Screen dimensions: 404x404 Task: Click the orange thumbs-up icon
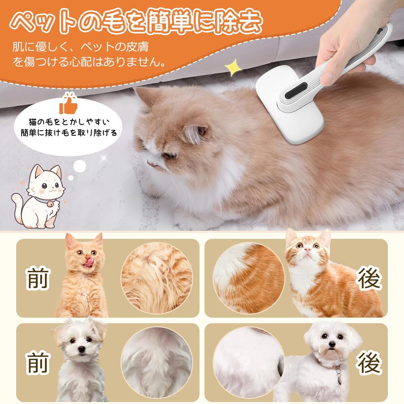[67, 104]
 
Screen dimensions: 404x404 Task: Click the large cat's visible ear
[196, 133]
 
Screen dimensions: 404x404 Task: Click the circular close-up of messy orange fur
[157, 278]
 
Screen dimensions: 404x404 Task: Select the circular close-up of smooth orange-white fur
[249, 278]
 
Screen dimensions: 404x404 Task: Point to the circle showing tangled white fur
[157, 362]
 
